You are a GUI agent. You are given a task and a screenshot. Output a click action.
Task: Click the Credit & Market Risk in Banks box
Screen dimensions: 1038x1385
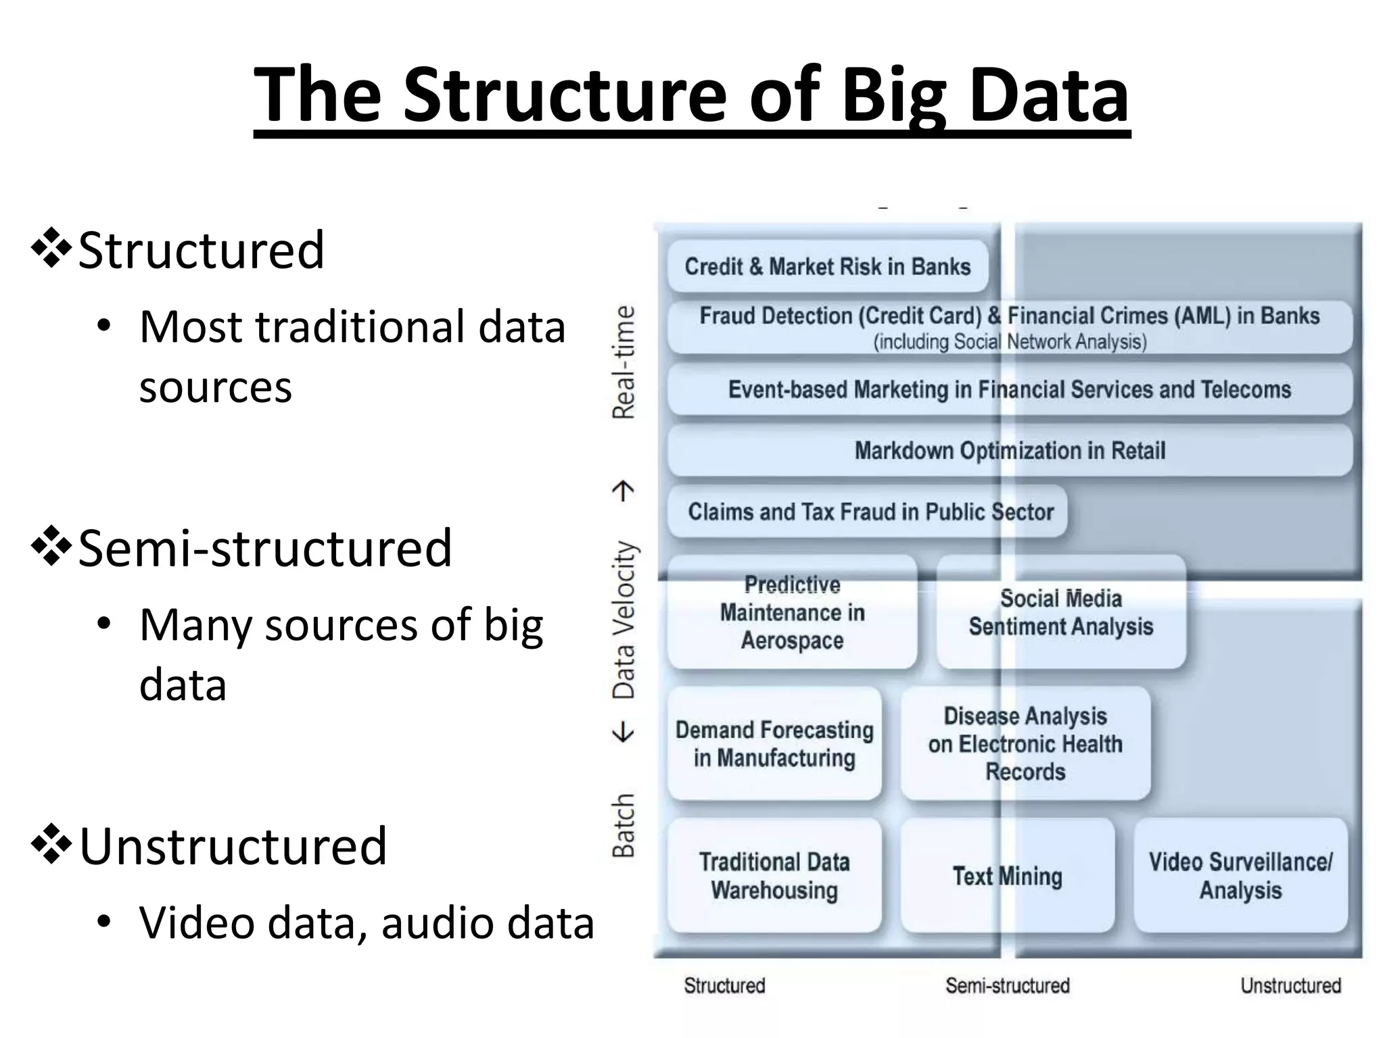click(827, 266)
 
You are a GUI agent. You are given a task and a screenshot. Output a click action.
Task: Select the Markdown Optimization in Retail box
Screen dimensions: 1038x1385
click(1010, 451)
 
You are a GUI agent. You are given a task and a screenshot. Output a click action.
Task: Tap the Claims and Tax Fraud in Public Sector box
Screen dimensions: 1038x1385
click(870, 512)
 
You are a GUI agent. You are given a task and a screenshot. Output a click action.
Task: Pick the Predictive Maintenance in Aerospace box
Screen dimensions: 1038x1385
click(792, 613)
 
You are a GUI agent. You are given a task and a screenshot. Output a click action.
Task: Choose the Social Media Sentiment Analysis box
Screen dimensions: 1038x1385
click(1060, 613)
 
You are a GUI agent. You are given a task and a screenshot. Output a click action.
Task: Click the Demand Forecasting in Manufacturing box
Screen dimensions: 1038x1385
click(774, 744)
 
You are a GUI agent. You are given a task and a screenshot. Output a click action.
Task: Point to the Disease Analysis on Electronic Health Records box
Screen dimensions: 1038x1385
click(1025, 744)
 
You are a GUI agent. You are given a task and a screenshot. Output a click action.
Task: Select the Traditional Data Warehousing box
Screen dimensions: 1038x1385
click(774, 876)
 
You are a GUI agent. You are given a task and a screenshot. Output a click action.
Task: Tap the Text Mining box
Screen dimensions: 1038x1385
click(1007, 876)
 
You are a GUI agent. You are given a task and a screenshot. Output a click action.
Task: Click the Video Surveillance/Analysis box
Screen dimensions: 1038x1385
click(1240, 876)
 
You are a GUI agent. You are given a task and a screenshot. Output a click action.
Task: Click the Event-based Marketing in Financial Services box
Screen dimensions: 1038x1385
click(1010, 390)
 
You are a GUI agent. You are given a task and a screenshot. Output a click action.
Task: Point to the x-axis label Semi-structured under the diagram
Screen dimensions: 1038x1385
click(1007, 986)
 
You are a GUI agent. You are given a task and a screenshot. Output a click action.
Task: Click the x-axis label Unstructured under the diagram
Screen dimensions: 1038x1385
click(1290, 986)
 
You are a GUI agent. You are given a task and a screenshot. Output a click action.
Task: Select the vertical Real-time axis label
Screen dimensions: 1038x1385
click(624, 362)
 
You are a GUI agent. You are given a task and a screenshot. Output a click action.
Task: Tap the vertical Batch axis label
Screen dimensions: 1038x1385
click(624, 825)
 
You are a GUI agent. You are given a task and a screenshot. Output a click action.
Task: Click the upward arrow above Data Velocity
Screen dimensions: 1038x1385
click(623, 491)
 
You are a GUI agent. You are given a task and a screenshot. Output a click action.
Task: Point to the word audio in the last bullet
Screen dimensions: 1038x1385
click(437, 923)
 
